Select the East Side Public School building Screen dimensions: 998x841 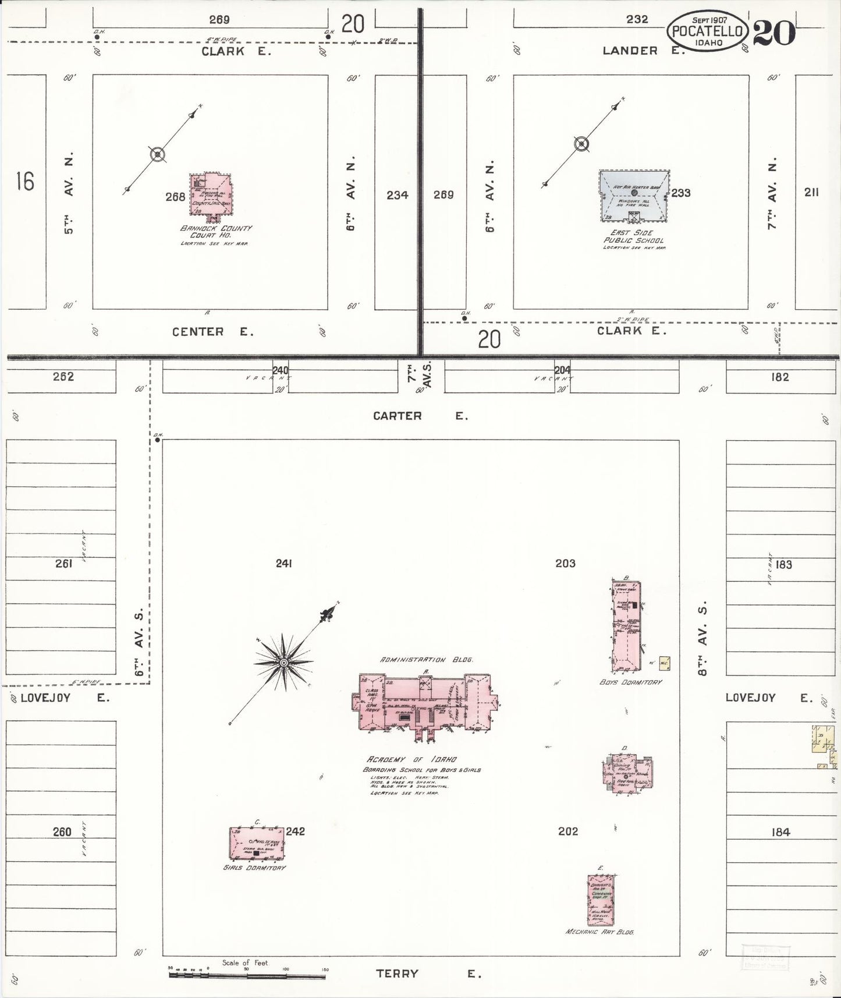634,196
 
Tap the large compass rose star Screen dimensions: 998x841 283,663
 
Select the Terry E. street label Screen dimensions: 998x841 428,973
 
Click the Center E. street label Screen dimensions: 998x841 212,332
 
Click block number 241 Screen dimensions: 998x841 283,563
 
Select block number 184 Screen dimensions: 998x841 780,832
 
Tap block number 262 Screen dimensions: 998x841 63,377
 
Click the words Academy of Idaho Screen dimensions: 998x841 411,759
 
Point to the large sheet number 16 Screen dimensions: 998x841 25,182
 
